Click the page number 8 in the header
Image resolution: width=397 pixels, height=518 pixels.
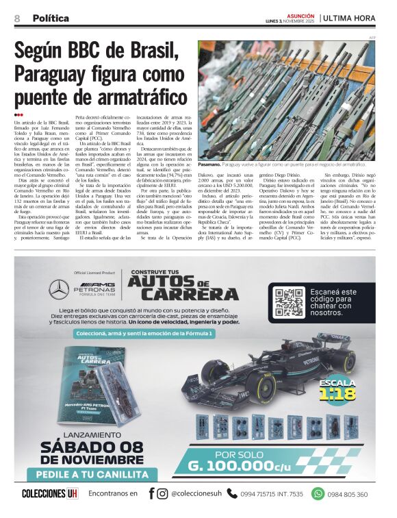point(17,18)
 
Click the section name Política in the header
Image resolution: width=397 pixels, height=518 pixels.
point(51,18)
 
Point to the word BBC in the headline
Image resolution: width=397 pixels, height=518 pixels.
point(92,51)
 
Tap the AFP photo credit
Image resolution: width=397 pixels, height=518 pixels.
point(373,37)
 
